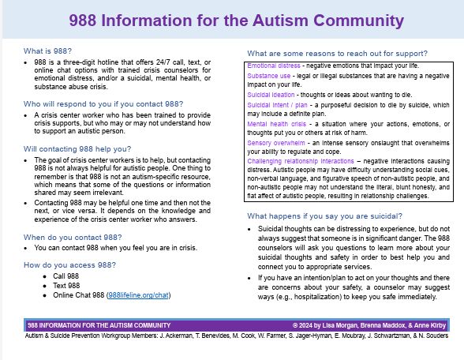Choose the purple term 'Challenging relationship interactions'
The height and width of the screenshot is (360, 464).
296,163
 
